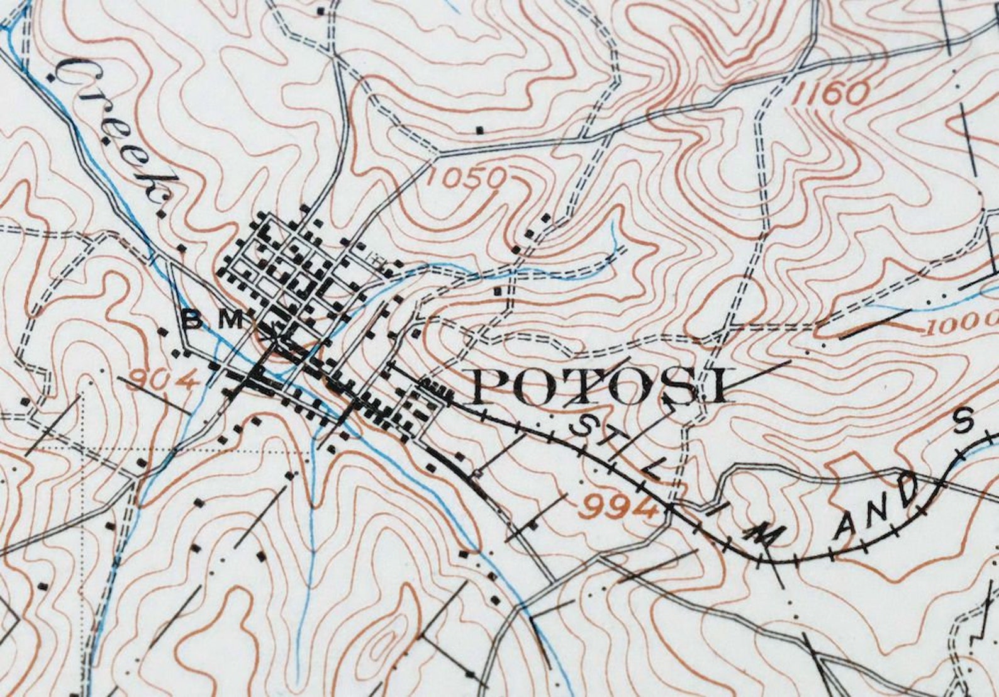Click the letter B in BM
tap(194, 321)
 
